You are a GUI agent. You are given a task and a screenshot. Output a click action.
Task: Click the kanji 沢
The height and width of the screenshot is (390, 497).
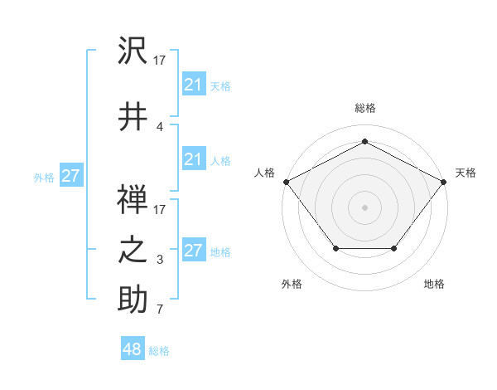tap(133, 53)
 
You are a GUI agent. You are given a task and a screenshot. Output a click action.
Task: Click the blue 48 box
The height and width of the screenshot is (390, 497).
tap(133, 349)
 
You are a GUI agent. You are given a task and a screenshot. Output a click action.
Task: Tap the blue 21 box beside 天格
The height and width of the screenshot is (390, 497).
tap(193, 84)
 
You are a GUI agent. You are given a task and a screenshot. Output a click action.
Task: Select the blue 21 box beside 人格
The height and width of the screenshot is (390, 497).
tap(193, 159)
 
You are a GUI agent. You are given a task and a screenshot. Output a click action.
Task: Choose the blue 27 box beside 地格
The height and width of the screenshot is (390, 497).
tap(193, 251)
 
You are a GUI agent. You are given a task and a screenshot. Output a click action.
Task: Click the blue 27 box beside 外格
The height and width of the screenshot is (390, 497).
tap(71, 176)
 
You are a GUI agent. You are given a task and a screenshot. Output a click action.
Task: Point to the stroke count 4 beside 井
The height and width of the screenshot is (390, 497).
tap(159, 126)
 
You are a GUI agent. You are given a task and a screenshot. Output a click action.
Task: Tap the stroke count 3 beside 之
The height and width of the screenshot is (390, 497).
tap(159, 261)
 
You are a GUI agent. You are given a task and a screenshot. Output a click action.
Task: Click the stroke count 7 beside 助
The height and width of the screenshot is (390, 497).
tap(159, 310)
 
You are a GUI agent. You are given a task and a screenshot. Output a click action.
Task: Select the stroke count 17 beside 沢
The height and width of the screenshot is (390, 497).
tap(160, 61)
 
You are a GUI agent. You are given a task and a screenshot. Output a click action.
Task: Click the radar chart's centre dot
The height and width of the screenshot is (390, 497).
tap(364, 207)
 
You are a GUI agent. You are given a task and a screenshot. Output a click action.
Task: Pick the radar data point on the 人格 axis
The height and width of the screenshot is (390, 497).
tap(285, 181)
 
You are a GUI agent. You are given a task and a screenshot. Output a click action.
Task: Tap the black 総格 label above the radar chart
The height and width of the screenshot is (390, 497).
tap(364, 108)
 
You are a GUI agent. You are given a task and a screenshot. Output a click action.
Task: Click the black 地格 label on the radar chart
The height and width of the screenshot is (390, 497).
tap(434, 284)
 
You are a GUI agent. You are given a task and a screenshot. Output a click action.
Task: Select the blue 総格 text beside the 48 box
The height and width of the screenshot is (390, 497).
tap(159, 351)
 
